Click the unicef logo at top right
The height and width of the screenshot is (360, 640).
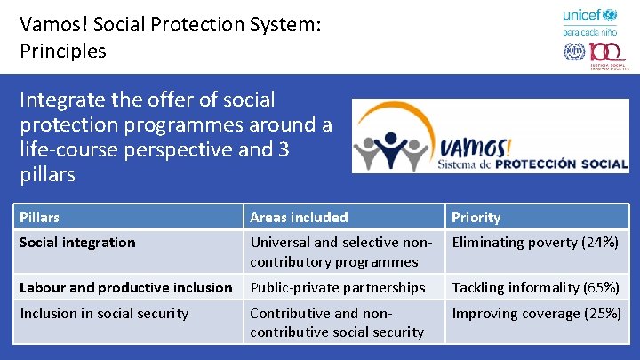[589, 15]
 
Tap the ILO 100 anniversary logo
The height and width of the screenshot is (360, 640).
[589, 52]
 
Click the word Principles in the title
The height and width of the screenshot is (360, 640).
[63, 51]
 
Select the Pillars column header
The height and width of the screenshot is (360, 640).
[40, 217]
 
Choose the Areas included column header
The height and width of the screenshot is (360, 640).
[299, 217]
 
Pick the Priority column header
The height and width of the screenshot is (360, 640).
[476, 217]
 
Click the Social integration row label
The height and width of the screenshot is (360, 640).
[77, 242]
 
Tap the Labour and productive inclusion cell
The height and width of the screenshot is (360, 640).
[125, 287]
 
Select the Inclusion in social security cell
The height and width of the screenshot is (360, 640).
[104, 313]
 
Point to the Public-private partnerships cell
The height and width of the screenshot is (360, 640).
[338, 287]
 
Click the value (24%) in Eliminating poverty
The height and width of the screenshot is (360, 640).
[599, 242]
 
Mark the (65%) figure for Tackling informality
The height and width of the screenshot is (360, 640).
[601, 287]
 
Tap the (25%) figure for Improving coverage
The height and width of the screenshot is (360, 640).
[602, 313]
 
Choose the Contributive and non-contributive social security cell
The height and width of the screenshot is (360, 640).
[337, 322]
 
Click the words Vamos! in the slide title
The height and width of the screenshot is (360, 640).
[54, 25]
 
